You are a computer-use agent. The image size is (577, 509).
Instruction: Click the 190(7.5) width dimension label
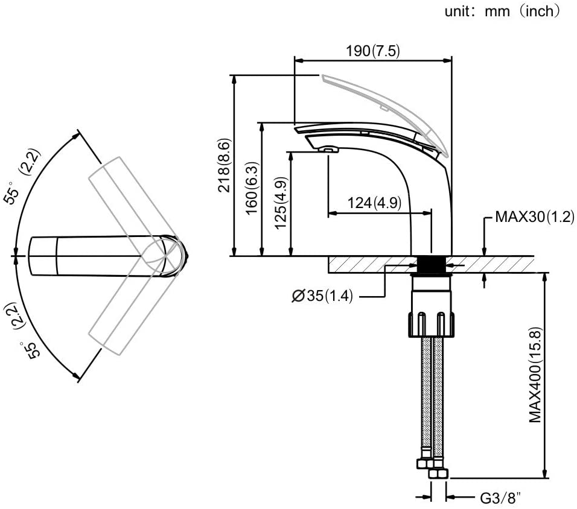372,51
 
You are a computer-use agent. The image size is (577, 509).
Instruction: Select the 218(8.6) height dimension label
225,165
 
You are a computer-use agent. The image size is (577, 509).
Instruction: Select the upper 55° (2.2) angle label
22,179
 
